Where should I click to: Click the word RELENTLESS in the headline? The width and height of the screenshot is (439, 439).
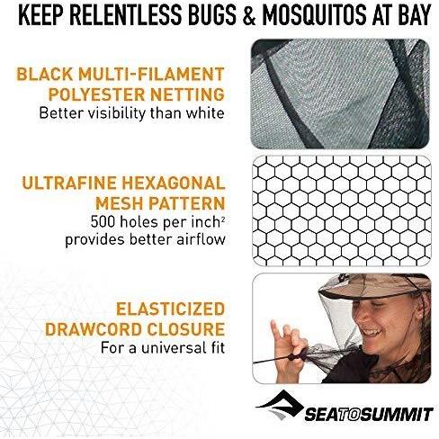pos(127,14)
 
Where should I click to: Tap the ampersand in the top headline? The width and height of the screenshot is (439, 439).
pos(249,14)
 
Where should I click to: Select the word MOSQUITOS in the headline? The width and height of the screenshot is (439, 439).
pos(315,14)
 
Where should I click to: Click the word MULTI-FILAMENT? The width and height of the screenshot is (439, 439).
pos(151,75)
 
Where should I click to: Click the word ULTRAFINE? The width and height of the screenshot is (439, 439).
pos(69,183)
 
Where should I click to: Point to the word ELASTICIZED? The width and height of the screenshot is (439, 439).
pos(170,309)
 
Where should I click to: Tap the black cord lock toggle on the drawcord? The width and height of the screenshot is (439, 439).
pos(291,357)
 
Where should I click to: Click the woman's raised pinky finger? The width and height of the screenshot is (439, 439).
pos(276,329)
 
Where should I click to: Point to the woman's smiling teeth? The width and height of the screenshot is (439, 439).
pos(372,332)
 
